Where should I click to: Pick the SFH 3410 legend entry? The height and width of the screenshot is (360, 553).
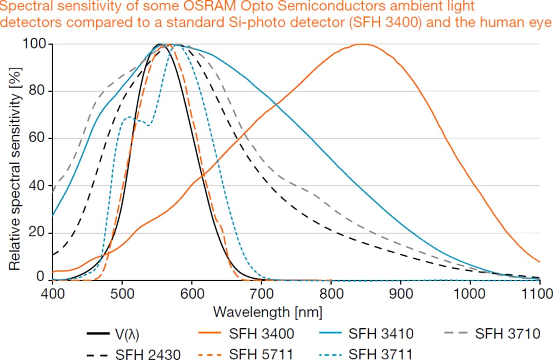point(381,334)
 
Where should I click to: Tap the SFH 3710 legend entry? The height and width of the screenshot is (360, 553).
point(507,334)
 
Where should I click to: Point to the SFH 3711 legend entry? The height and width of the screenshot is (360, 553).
point(381,353)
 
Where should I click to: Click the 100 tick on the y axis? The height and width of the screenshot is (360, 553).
point(34,44)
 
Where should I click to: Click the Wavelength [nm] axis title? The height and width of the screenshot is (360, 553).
point(267,311)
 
